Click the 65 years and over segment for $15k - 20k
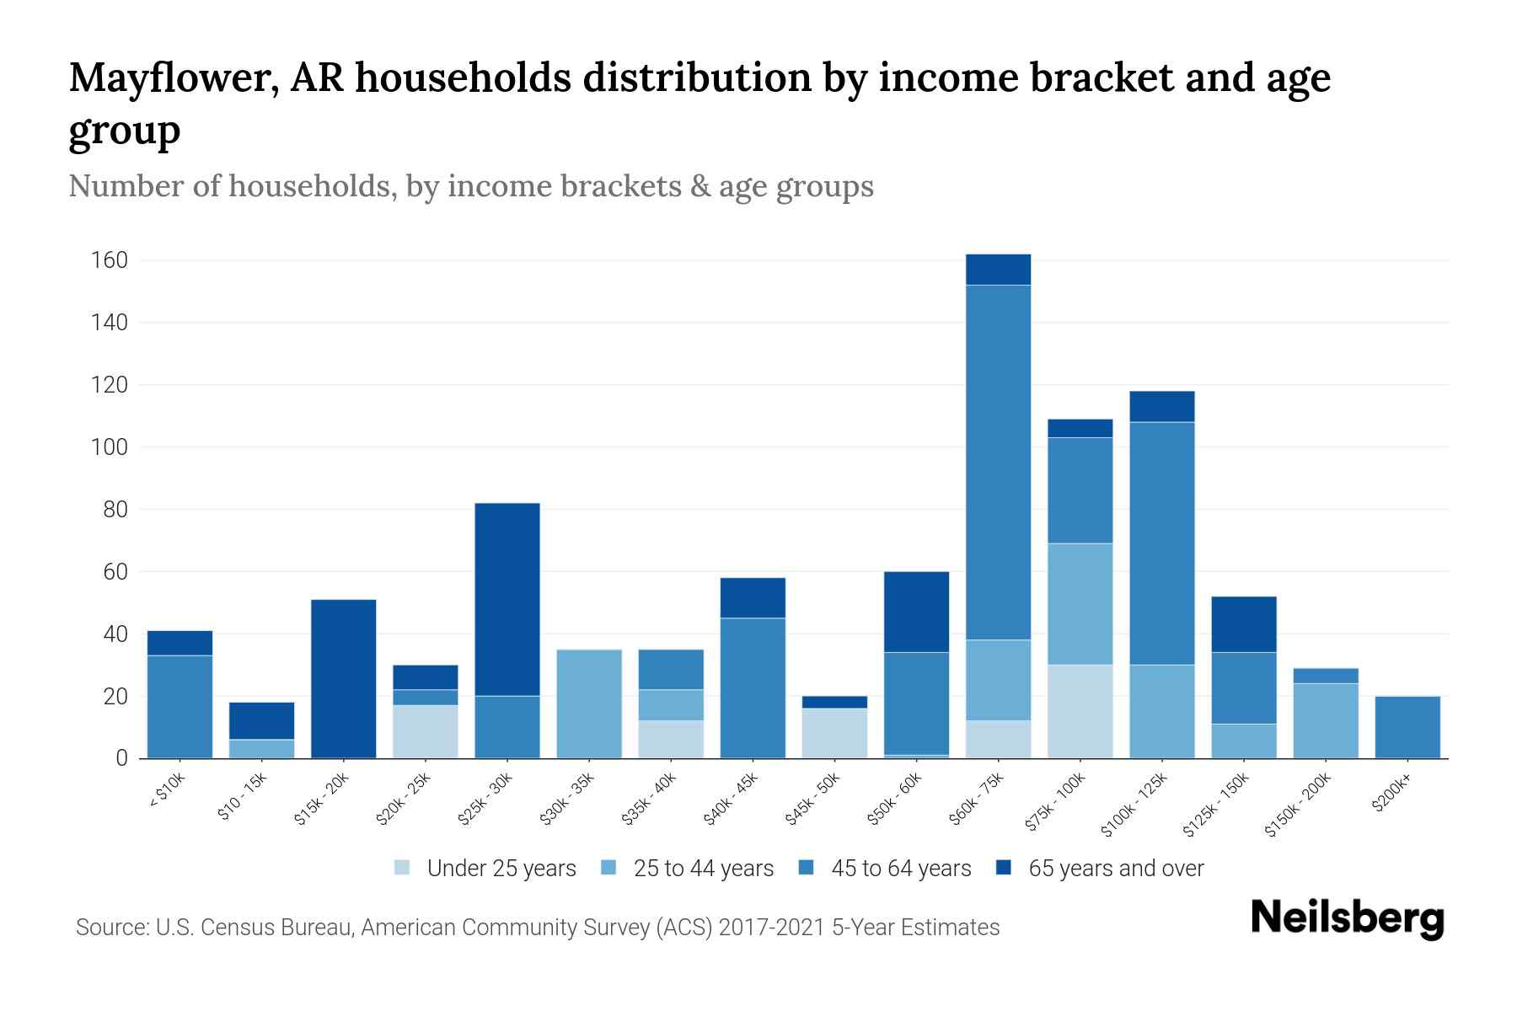[343, 678]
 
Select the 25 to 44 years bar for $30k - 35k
[589, 703]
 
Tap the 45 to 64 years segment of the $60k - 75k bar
[998, 462]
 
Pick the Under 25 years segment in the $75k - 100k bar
[1080, 712]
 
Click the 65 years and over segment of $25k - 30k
[507, 599]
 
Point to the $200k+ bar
[1407, 727]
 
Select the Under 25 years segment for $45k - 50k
[834, 733]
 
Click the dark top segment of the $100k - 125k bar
[1162, 406]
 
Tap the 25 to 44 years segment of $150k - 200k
[1326, 720]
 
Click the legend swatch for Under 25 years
[403, 868]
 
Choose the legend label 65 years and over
[1116, 868]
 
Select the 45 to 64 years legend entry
[900, 868]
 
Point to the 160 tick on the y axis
[109, 260]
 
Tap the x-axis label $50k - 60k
[894, 800]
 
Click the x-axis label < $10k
[167, 792]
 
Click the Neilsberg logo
[1348, 918]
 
